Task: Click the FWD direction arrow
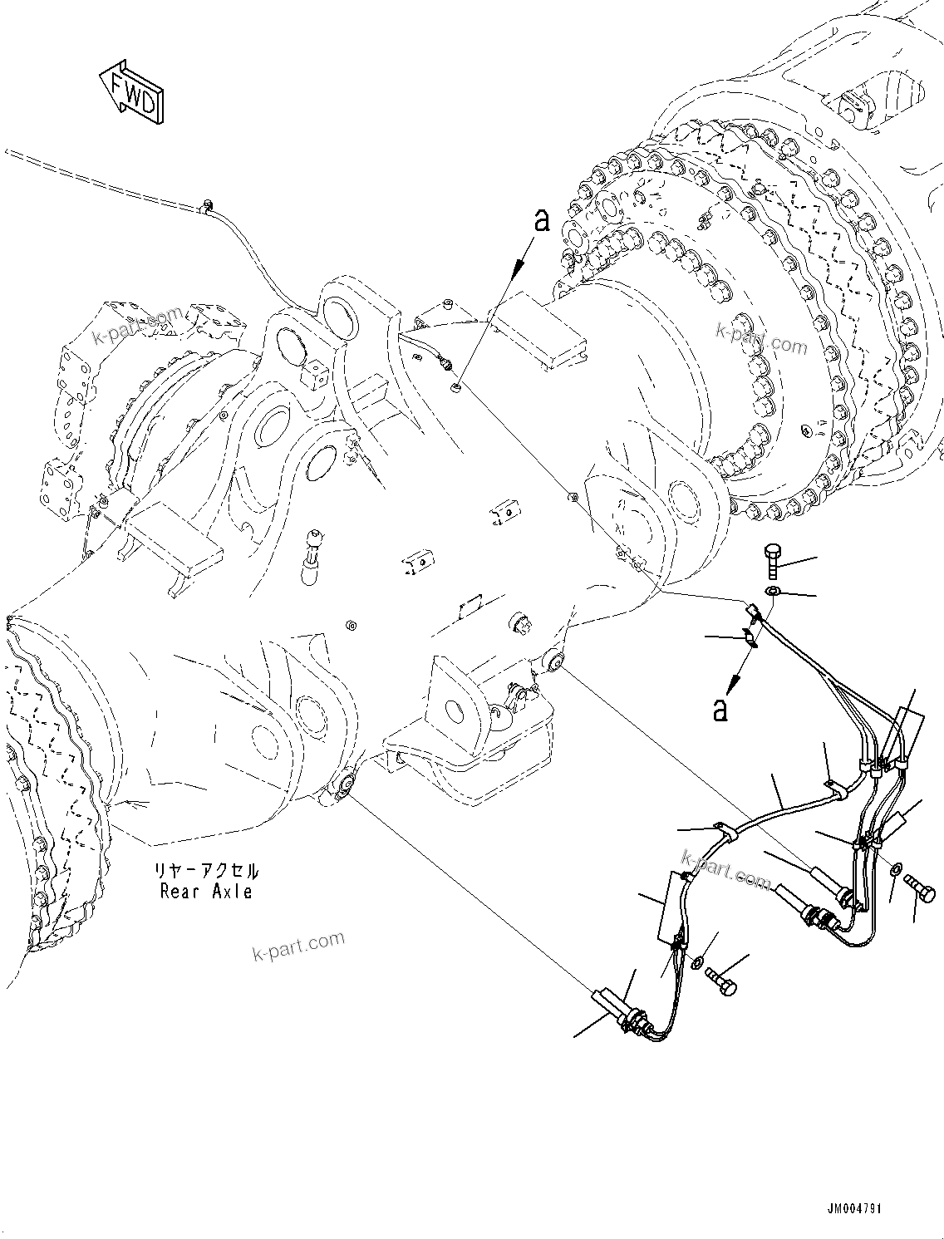tap(131, 91)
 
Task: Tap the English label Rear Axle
tap(206, 892)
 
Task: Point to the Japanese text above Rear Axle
tap(206, 872)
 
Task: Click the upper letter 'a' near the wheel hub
tap(542, 220)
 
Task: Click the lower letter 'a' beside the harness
tap(720, 710)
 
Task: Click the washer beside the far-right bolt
tap(896, 868)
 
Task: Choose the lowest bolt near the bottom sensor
tap(724, 983)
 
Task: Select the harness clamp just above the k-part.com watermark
tap(722, 829)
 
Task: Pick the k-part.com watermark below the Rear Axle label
tap(298, 943)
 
